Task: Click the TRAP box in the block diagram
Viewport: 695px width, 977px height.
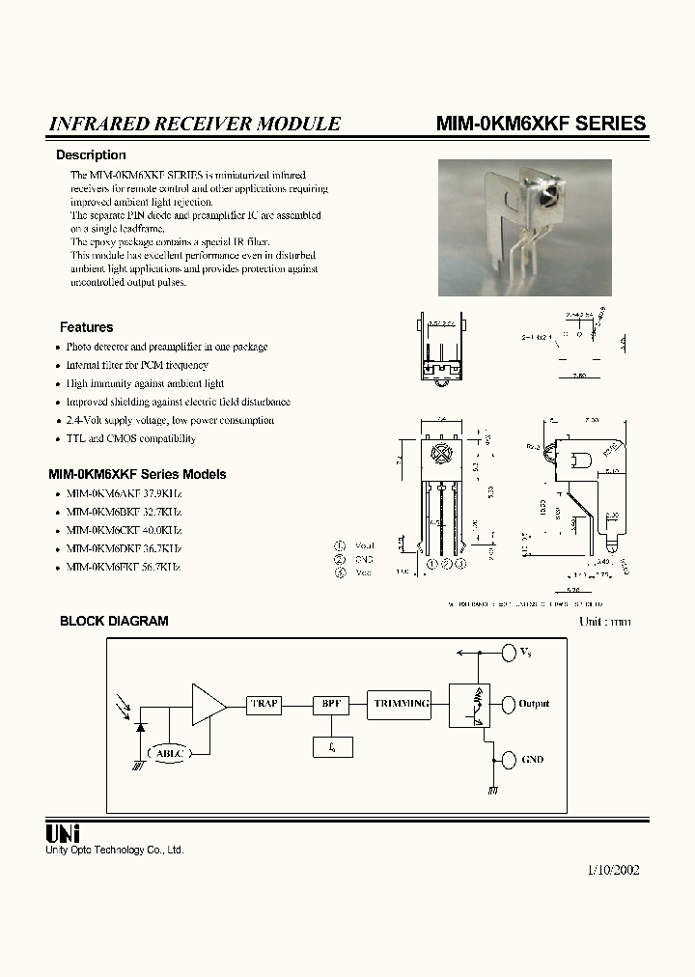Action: tap(264, 704)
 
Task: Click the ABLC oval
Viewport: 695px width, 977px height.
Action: tap(168, 753)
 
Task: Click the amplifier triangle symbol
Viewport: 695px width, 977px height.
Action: tap(207, 704)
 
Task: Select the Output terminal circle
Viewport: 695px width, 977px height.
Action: tap(508, 704)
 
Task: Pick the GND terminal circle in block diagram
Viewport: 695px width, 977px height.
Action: tap(508, 760)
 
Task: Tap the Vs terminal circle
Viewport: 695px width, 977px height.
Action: tap(508, 654)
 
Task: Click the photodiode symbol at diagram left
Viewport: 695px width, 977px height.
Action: tap(140, 725)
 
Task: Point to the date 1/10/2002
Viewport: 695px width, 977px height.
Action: tap(613, 869)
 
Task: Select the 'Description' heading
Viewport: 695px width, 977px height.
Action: tap(91, 154)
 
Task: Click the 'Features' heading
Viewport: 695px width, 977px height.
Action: tap(86, 327)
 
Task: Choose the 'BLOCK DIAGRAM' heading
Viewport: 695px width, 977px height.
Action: tap(114, 621)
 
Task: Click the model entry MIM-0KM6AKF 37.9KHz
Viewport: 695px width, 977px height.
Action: tap(124, 493)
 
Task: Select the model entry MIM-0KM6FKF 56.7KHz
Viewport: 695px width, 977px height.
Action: tap(124, 567)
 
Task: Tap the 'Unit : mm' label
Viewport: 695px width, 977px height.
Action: tap(604, 621)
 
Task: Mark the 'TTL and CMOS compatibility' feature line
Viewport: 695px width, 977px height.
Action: tap(130, 438)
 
